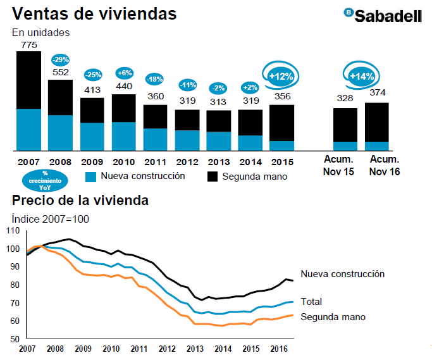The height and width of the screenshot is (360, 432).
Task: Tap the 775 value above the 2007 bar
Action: (x=28, y=44)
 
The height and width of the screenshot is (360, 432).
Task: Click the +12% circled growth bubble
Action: (x=281, y=76)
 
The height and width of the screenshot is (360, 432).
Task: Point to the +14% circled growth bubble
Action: (x=361, y=76)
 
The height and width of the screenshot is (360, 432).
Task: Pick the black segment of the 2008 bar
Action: (x=61, y=97)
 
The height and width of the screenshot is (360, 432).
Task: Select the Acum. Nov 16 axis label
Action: (x=385, y=165)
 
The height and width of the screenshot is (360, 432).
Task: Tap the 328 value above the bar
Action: (x=345, y=98)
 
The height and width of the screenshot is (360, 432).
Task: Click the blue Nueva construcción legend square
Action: (x=90, y=176)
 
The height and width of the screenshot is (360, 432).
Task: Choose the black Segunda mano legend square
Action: (x=212, y=177)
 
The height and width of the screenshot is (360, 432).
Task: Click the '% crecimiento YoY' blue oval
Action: (x=44, y=181)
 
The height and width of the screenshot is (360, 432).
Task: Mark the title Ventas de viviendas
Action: (x=94, y=13)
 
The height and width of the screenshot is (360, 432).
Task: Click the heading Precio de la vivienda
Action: (x=80, y=201)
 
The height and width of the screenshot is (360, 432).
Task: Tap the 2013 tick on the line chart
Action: (x=195, y=349)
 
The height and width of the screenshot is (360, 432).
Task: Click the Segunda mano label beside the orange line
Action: (x=333, y=317)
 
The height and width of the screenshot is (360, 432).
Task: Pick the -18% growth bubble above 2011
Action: (x=155, y=79)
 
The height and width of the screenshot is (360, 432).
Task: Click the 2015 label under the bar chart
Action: (x=281, y=161)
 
